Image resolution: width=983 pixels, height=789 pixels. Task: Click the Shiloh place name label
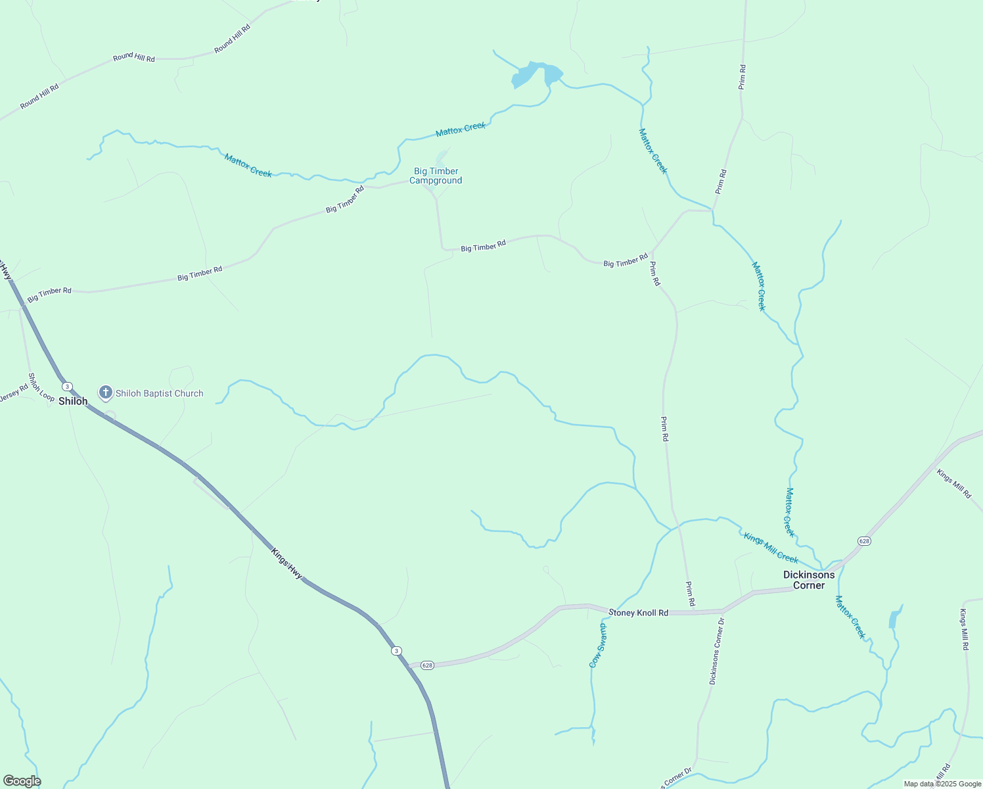tap(73, 401)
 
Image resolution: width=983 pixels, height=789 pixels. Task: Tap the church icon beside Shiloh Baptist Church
tap(105, 393)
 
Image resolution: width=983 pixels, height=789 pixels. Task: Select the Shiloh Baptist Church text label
tap(160, 394)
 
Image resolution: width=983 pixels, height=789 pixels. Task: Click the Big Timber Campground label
tap(436, 176)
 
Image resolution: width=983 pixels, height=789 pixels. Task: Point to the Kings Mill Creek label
tap(771, 548)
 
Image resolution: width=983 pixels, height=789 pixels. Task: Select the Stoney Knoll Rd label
tap(638, 613)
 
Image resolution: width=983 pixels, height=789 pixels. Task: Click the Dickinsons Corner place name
tap(809, 580)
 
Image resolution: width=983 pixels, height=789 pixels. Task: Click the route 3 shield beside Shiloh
tap(67, 387)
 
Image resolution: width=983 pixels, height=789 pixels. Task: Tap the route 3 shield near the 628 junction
tap(396, 651)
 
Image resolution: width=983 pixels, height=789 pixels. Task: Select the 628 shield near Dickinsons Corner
tap(864, 541)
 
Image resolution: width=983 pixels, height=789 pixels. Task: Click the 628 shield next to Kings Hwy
tap(428, 665)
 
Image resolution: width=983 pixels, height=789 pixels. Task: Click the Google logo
tap(22, 781)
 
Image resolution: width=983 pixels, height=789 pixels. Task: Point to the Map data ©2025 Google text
tap(942, 784)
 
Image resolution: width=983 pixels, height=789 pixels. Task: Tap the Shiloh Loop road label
tap(41, 387)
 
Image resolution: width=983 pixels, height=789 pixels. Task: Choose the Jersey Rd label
tap(14, 393)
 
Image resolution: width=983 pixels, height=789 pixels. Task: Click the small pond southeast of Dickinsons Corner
tap(894, 619)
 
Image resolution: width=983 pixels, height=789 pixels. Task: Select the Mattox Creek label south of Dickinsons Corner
tap(850, 617)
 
